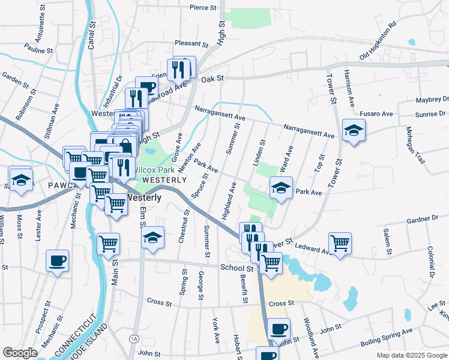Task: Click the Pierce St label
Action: (x=202, y=8)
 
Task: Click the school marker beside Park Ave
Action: (x=281, y=188)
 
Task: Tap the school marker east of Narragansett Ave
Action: (x=354, y=130)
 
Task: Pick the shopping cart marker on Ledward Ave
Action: (x=340, y=243)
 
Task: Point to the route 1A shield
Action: (x=133, y=340)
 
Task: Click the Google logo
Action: (x=20, y=353)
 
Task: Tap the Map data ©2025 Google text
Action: (x=411, y=355)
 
